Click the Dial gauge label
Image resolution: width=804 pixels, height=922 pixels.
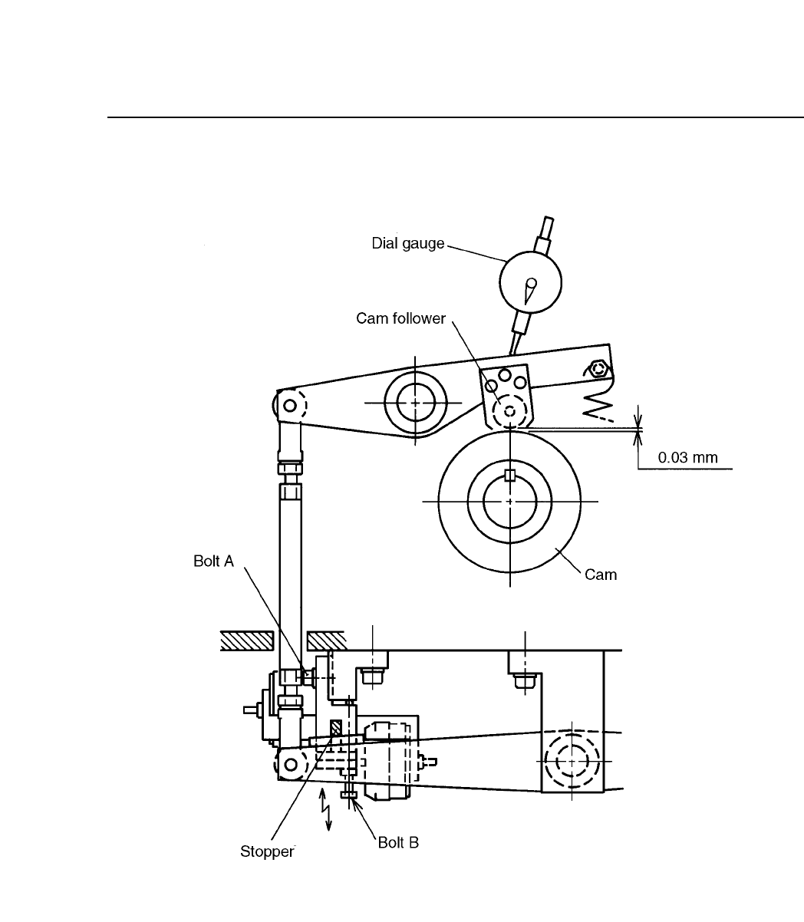tap(408, 244)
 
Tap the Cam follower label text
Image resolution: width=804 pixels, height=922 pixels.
tap(400, 318)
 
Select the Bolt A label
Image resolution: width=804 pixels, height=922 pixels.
tap(213, 561)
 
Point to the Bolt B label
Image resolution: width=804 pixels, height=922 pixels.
tap(398, 843)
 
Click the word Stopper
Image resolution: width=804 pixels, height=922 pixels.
tap(267, 851)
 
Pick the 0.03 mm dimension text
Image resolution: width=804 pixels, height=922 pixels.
tap(687, 457)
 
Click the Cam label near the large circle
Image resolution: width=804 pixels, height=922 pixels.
tap(601, 575)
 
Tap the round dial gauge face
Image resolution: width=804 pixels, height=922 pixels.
tap(530, 282)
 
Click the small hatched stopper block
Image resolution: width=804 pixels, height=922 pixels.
tap(336, 728)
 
